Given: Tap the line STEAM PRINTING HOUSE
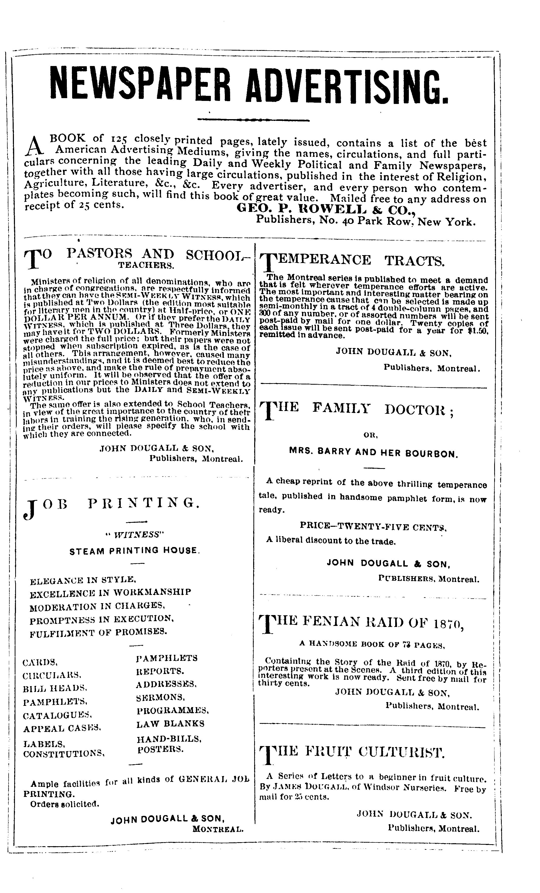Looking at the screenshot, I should [134, 551].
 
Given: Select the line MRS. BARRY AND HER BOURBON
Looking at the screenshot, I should [373, 453].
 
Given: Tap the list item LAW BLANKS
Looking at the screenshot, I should [170, 724].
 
